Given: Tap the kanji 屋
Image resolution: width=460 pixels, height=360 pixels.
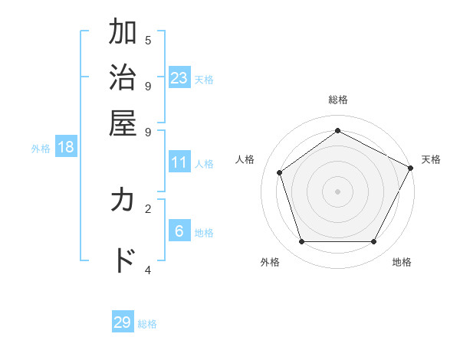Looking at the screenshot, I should click(123, 122).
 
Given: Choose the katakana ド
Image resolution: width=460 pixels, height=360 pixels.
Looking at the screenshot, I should click(123, 260).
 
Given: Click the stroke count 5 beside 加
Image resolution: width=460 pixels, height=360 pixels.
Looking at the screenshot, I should click(148, 40).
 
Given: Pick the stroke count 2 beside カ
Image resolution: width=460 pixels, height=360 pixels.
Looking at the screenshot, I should click(148, 208).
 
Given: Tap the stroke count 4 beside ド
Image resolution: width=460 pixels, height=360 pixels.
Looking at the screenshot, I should click(148, 270).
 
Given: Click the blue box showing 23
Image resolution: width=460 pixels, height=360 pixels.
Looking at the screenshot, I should click(179, 78).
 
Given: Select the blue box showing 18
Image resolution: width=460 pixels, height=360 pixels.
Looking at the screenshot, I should click(66, 148).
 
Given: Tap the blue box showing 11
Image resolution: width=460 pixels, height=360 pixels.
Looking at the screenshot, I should click(179, 162).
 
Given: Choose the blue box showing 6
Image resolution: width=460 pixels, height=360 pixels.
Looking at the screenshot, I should click(179, 231).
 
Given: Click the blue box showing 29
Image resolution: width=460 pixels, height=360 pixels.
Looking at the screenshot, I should click(123, 322).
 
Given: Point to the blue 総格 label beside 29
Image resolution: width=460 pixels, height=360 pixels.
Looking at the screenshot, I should click(147, 324).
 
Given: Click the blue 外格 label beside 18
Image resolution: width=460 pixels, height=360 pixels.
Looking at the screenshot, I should click(41, 149).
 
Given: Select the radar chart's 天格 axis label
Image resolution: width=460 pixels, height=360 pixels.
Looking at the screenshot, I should click(431, 159).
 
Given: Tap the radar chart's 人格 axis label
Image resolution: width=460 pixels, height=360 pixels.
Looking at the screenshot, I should click(245, 159).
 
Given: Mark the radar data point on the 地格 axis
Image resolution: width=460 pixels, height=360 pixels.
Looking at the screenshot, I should click(373, 242).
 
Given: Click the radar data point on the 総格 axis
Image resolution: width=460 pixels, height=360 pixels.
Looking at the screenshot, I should click(337, 131).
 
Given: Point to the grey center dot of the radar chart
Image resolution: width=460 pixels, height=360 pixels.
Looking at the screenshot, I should click(337, 191).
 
